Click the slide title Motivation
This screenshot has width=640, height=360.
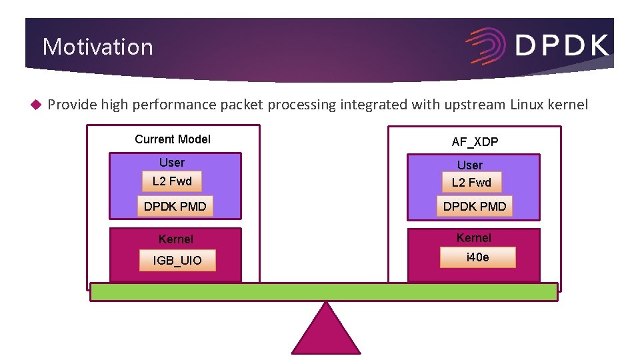coord(97,47)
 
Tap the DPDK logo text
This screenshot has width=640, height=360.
coord(561,45)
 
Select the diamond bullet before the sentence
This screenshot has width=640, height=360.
coord(36,105)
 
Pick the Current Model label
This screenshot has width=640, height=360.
coord(172,139)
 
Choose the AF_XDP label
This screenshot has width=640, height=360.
coord(475,141)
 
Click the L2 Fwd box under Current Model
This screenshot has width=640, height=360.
coord(172,181)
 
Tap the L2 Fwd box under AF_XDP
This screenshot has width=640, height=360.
coord(471,182)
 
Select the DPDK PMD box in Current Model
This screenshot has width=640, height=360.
coord(175,206)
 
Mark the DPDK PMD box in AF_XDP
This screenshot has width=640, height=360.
coord(475,206)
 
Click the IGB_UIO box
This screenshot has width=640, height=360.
coord(177,260)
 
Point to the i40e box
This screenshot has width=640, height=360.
coord(477,257)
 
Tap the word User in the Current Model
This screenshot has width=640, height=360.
coord(172,163)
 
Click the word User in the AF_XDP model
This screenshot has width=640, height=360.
coord(470,165)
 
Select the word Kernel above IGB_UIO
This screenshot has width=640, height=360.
coord(176,239)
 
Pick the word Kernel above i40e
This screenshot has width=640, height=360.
coord(474,237)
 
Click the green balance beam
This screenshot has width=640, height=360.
coord(324,292)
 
